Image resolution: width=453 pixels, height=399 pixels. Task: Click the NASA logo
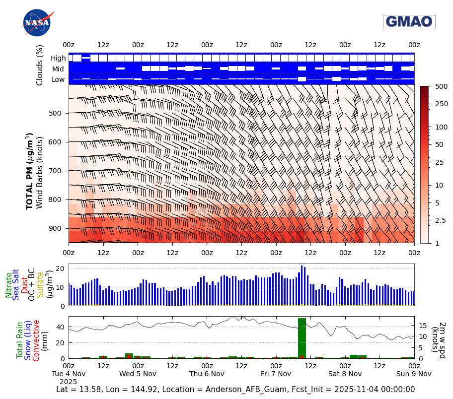pos(37,23)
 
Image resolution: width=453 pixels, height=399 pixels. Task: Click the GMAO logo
pos(409,21)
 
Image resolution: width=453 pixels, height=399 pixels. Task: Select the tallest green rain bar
pos(302,338)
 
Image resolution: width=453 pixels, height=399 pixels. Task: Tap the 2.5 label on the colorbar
pos(441,220)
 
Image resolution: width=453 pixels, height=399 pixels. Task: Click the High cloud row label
pos(58,59)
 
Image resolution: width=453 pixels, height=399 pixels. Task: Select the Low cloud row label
pos(58,79)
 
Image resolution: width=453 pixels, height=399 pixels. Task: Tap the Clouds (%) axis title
pos(40,65)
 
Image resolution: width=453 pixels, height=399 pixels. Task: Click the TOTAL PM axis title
pos(30,171)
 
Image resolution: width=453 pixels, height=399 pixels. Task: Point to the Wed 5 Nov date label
pos(138,374)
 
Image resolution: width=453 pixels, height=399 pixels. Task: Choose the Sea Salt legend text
pos(16,285)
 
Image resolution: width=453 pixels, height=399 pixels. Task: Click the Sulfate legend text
pos(40,285)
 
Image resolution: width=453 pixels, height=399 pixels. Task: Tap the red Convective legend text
pos(36,339)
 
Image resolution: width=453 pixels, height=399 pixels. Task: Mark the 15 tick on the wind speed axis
pos(424,326)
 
